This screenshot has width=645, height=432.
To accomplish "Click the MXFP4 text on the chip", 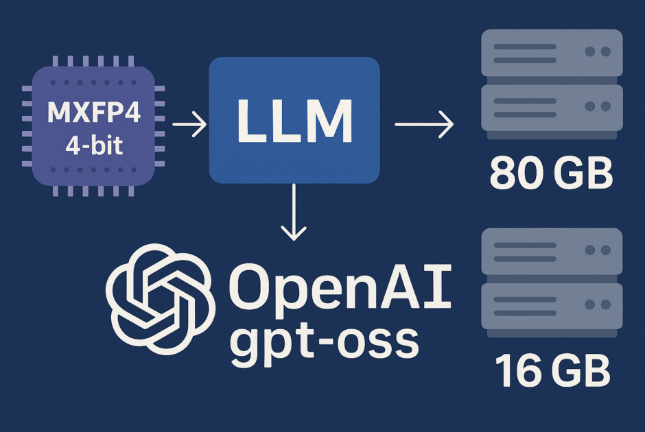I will pyautogui.click(x=93, y=114).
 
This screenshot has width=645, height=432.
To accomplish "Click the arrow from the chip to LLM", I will pyautogui.click(x=189, y=125).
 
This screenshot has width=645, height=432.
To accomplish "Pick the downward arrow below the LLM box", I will pyautogui.click(x=294, y=212).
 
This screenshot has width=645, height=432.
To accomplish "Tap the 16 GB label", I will pyautogui.click(x=551, y=372).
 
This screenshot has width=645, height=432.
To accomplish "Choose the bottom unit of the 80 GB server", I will pyautogui.click(x=552, y=108).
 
